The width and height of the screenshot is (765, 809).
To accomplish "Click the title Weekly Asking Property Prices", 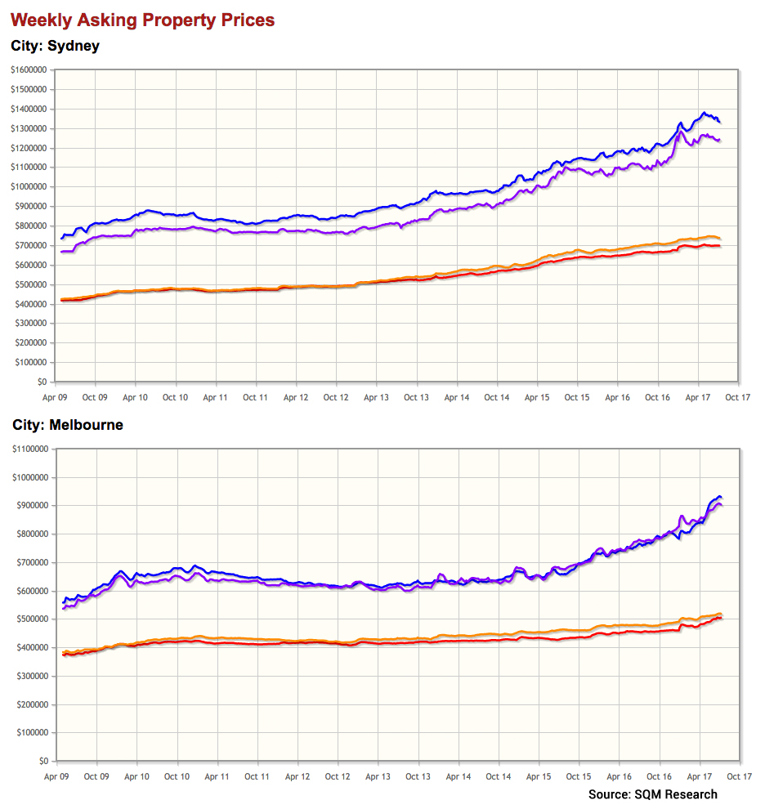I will coord(143,20).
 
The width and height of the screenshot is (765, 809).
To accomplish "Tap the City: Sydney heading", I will coord(55,46).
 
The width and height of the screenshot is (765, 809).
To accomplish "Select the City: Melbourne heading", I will coord(67,425).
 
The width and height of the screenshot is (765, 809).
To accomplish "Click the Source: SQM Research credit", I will coord(652,794).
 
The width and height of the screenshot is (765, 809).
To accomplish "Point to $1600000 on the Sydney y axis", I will coord(29,69).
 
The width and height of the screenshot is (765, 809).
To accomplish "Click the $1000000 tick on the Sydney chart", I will coord(29,186).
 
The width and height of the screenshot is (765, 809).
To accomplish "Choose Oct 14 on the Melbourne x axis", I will coord(499,777).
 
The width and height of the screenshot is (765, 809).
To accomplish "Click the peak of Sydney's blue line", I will coord(703,113).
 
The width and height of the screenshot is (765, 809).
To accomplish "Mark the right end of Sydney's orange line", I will coord(719,239).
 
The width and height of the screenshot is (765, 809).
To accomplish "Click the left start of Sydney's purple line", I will coord(61,252).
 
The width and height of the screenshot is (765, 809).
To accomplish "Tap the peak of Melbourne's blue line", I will coord(718,497).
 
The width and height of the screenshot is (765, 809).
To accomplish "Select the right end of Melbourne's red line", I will coord(721,618).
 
